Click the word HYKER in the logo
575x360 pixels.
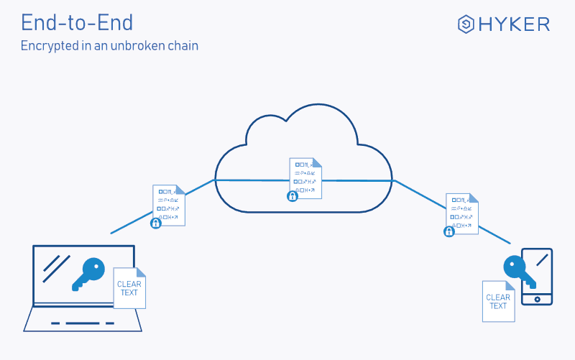point(515,24)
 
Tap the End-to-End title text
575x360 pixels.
point(77,22)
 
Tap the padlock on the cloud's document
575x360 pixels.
point(293,196)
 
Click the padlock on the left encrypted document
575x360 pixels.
point(155,223)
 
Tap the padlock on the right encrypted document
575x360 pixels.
point(449,231)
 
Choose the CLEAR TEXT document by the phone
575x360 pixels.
point(498,301)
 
